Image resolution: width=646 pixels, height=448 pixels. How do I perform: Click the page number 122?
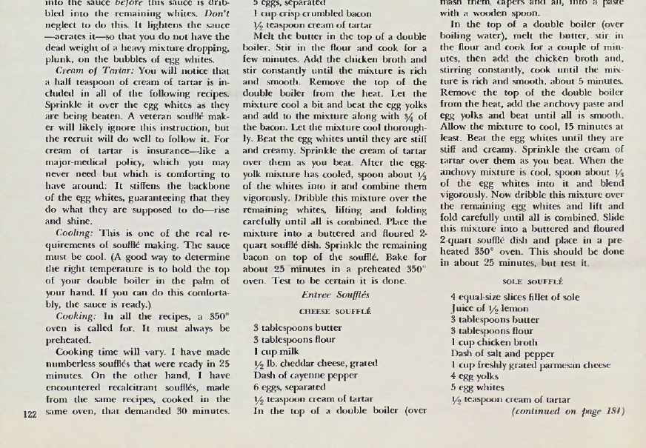30,414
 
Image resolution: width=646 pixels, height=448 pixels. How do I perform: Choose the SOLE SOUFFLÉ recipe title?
533,282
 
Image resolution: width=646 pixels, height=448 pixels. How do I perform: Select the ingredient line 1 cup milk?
278,352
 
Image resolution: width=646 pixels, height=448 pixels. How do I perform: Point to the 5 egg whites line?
482,388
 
